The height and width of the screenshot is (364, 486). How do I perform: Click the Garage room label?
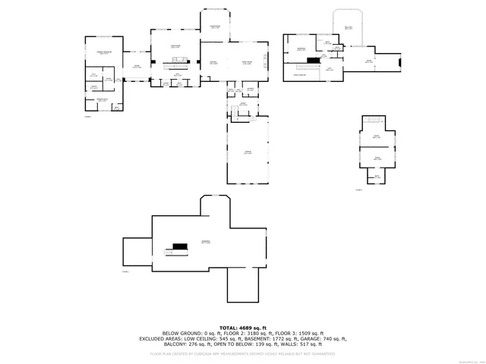[x=248, y=152]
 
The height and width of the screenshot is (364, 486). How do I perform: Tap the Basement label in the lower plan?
[x=206, y=242]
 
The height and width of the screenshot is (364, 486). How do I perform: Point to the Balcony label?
[x=349, y=27]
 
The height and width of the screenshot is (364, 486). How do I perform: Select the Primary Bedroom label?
[x=104, y=52]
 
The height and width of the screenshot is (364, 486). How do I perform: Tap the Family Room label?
[x=247, y=62]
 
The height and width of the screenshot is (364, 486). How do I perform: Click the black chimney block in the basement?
[x=180, y=246]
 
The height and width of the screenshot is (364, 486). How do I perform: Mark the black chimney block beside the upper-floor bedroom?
[x=311, y=60]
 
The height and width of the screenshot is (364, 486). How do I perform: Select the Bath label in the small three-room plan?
[x=376, y=176]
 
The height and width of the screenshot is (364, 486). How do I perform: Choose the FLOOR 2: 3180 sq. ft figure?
[x=241, y=333]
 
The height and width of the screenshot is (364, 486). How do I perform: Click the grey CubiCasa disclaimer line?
[x=242, y=353]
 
